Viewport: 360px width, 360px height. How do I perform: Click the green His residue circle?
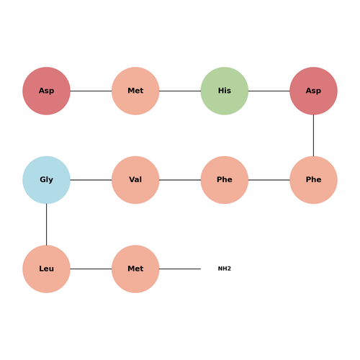click(225, 91)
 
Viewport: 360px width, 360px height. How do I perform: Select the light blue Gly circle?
click(46, 180)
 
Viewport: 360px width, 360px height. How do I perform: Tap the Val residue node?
click(135, 180)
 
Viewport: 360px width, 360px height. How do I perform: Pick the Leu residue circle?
click(46, 269)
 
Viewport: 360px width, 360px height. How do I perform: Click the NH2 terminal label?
click(225, 269)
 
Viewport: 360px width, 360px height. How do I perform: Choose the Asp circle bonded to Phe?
click(313, 91)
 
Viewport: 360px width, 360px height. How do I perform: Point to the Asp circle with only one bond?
click(46, 91)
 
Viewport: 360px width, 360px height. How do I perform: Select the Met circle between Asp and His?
click(135, 91)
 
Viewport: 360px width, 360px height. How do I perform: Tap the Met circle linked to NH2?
click(135, 269)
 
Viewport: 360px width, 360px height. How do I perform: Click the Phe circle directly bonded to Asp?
click(313, 180)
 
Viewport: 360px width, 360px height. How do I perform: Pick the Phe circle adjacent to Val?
click(225, 180)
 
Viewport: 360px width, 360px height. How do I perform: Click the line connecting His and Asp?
click(269, 91)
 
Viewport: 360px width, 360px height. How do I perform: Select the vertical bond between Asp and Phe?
click(313, 135)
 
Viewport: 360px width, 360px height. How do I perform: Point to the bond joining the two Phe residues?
click(269, 180)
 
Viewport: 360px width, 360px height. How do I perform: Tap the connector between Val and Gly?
click(91, 180)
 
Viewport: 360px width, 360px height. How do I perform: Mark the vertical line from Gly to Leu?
click(46, 225)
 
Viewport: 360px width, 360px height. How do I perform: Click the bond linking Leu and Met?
click(91, 269)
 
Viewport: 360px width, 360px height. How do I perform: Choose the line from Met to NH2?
click(180, 269)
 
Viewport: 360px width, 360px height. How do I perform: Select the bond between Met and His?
click(180, 91)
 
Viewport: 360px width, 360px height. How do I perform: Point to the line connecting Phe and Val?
click(180, 180)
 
